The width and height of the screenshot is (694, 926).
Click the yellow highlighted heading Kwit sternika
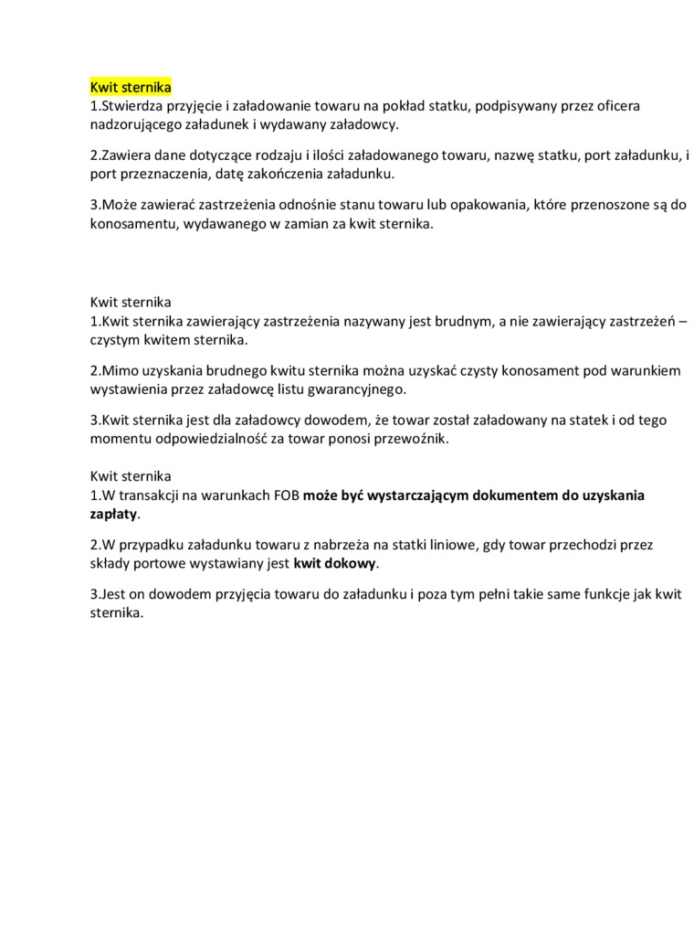131,88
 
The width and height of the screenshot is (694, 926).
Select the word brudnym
456,322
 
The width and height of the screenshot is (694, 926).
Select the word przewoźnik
415,439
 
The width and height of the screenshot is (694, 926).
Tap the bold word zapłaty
113,514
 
